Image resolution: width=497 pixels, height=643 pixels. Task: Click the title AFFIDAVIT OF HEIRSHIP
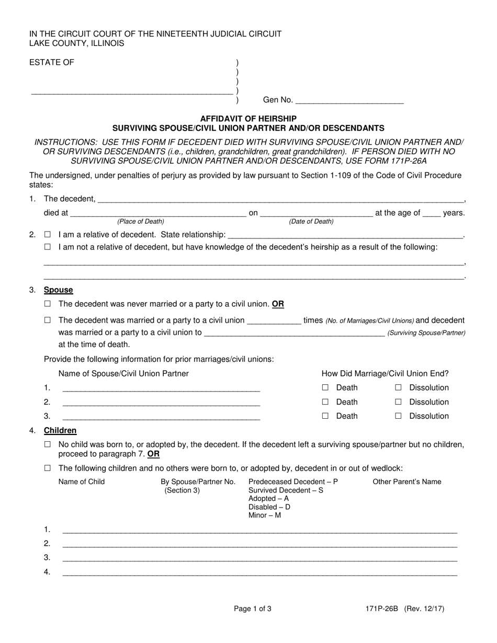pyautogui.click(x=249, y=119)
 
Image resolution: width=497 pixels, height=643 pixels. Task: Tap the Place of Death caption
pyautogui.click(x=141, y=222)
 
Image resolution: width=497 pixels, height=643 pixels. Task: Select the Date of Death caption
pyautogui.click(x=311, y=222)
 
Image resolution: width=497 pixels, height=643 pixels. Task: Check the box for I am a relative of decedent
pyautogui.click(x=48, y=235)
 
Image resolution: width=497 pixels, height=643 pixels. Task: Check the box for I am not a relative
pyautogui.click(x=48, y=247)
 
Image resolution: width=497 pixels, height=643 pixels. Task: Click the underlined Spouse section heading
pyautogui.click(x=59, y=290)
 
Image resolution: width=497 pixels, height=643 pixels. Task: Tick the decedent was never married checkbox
pyautogui.click(x=48, y=304)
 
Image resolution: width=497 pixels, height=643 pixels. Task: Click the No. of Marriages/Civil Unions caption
pyautogui.click(x=370, y=321)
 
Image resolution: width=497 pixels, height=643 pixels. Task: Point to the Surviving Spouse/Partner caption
pyautogui.click(x=426, y=333)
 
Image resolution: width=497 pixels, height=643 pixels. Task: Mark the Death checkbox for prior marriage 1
pyautogui.click(x=325, y=388)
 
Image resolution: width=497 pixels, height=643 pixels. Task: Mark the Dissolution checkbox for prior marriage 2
pyautogui.click(x=398, y=402)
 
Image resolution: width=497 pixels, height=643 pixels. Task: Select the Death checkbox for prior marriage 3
pyautogui.click(x=325, y=416)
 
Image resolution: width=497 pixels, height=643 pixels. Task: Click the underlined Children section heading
pyautogui.click(x=60, y=431)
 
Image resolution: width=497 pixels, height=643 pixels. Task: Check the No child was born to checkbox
pyautogui.click(x=48, y=445)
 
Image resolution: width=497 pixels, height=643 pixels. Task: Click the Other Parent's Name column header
pyautogui.click(x=407, y=482)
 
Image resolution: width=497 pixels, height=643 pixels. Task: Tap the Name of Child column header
pyautogui.click(x=82, y=482)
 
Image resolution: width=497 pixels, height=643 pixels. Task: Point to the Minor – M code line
pyautogui.click(x=265, y=515)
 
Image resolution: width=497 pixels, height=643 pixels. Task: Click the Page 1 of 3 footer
pyautogui.click(x=253, y=608)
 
